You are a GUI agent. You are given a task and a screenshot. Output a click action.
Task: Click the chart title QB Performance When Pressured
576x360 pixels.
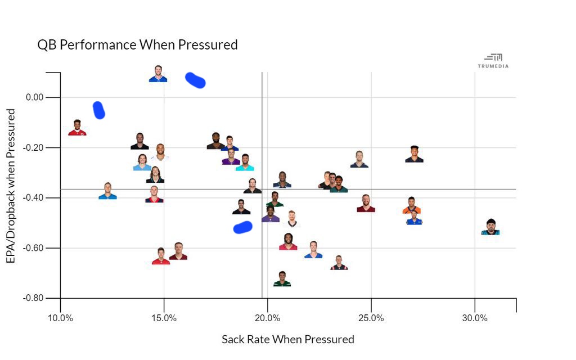[x=137, y=45]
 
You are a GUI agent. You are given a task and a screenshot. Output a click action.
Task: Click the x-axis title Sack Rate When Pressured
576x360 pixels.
[x=288, y=339]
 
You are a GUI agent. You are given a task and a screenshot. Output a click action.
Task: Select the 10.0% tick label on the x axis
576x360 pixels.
[x=60, y=318]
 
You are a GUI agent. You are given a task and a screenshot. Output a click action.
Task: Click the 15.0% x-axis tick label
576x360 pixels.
[x=164, y=318]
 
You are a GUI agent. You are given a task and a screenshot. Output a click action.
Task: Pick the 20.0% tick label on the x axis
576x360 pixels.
[x=267, y=318]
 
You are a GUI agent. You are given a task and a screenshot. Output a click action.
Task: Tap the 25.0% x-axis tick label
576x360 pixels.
[x=371, y=318]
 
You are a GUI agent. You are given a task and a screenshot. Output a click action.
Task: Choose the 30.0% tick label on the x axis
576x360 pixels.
[x=475, y=318]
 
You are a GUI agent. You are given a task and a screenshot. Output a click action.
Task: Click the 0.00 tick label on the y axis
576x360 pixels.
[x=34, y=97]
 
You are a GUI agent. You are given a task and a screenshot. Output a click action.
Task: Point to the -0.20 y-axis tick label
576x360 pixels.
[x=33, y=147]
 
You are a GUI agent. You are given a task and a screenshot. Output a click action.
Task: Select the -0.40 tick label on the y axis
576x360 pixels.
[x=33, y=197]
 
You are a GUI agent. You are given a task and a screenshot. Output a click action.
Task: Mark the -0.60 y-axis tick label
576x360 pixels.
[x=33, y=247]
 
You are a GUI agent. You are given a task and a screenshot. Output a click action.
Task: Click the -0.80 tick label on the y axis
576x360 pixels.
[x=33, y=298]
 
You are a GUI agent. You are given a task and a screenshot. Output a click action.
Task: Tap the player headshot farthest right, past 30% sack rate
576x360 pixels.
[x=490, y=227]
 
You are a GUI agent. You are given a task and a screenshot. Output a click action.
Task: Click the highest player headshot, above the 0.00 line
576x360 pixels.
[x=158, y=74]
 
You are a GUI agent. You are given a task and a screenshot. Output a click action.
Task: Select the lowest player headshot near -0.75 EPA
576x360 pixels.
[x=282, y=279]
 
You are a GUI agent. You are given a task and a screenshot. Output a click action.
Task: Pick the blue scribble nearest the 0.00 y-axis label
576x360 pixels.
[x=99, y=110]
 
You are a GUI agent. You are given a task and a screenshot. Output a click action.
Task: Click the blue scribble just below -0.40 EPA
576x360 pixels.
[x=242, y=227]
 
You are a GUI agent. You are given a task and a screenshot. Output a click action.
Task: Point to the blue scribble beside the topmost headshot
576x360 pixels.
[x=195, y=80]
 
